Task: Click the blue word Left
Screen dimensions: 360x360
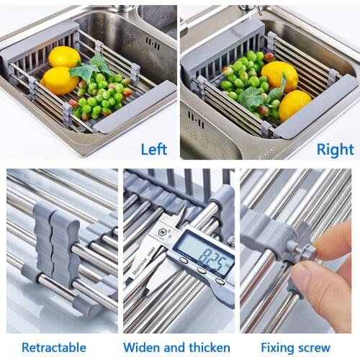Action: coord(153,149)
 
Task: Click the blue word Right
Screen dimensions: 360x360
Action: coord(335,149)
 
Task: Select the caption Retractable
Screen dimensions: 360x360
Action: coord(54,347)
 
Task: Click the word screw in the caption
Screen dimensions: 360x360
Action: coord(328,347)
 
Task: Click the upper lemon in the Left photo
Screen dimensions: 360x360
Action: coord(65,57)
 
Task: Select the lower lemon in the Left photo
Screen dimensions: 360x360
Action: coord(58,81)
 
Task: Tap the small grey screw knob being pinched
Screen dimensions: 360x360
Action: coord(309,253)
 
